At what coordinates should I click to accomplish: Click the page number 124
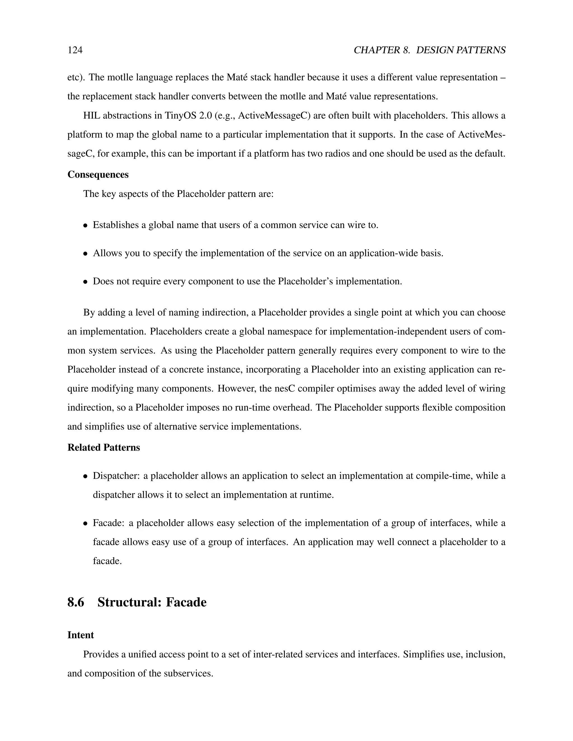(75, 50)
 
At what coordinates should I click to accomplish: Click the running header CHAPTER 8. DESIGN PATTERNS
(429, 50)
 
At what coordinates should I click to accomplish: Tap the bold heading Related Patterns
(104, 447)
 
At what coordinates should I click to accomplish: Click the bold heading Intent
(81, 635)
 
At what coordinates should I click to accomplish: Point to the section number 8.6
(76, 602)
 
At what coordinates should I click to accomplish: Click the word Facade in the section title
(186, 602)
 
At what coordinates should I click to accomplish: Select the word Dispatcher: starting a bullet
(116, 476)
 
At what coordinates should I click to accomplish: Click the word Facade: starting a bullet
(109, 523)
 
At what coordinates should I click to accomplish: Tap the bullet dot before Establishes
(86, 225)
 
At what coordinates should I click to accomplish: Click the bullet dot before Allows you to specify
(86, 253)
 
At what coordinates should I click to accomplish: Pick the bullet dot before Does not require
(86, 282)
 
